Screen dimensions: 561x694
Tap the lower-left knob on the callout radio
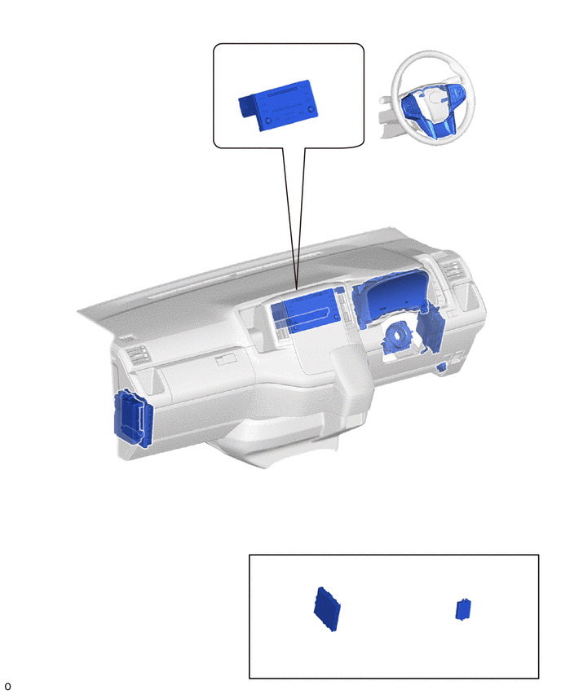click(x=268, y=121)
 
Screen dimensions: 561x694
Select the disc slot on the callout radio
click(x=284, y=93)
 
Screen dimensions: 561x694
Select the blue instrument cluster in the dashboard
click(x=390, y=296)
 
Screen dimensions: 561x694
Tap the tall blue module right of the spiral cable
click(x=429, y=330)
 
